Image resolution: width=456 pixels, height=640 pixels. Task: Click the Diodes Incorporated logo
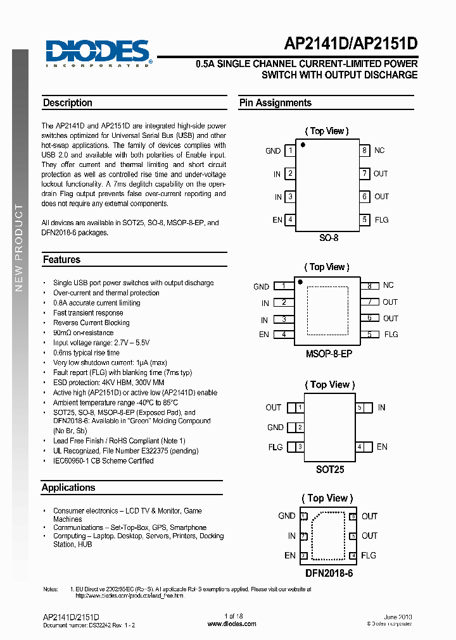98,53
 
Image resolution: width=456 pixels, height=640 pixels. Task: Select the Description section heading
68,103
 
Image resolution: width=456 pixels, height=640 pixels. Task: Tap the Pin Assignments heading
275,103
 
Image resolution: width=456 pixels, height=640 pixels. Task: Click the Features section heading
61,259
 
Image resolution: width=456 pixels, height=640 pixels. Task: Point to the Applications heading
68,488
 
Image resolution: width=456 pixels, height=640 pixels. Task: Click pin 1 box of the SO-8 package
290,151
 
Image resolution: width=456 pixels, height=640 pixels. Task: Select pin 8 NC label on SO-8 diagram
379,151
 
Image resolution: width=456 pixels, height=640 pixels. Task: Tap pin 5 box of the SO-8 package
365,220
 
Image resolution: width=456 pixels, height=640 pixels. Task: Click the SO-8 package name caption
328,238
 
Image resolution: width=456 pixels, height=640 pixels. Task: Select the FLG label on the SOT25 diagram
275,447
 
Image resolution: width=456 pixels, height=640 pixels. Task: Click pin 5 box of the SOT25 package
360,408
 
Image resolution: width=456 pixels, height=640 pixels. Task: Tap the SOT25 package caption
330,470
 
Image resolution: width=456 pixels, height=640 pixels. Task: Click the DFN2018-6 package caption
327,573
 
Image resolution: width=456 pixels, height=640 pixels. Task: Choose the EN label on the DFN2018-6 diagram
289,556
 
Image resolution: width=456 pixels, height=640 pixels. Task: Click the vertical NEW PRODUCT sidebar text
19,247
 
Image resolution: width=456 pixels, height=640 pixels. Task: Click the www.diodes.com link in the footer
232,624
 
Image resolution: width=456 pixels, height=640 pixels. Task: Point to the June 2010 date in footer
398,616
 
